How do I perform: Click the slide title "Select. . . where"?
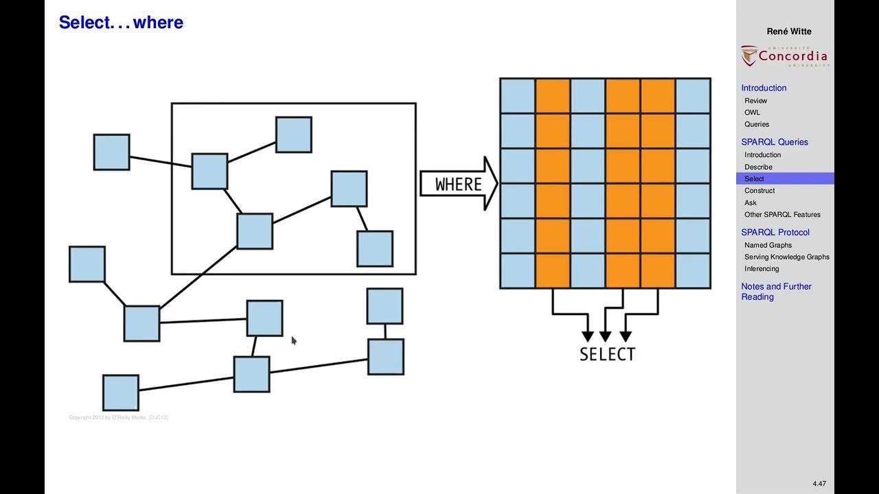[121, 23]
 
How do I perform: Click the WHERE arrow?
[459, 184]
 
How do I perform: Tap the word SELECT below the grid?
[607, 354]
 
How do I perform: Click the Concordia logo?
[785, 56]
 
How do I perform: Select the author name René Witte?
[789, 32]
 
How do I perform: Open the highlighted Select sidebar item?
[754, 179]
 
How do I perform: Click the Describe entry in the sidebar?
[758, 167]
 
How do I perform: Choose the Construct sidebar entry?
[760, 191]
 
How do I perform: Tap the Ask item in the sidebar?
[751, 202]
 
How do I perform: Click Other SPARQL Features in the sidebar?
[782, 215]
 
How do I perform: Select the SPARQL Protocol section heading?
[775, 233]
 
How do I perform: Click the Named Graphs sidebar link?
[768, 245]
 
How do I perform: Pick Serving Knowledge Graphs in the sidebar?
[786, 257]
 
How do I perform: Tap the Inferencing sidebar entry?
[762, 269]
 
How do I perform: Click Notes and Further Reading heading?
[776, 292]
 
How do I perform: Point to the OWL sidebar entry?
[752, 113]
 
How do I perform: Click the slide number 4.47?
[819, 484]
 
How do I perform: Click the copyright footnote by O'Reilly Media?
[118, 417]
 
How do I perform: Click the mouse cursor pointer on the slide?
[294, 340]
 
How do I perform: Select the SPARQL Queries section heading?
[775, 142]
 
